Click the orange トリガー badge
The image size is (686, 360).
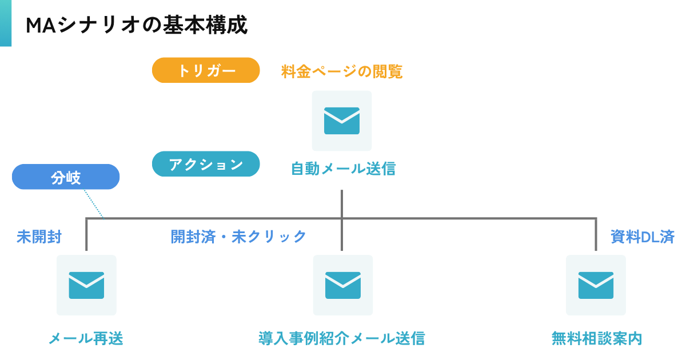(206, 70)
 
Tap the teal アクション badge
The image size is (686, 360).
(206, 164)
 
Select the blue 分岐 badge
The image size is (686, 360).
(66, 177)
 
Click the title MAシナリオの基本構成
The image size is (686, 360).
(137, 25)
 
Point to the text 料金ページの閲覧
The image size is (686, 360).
(342, 71)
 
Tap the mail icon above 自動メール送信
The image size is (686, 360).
(342, 121)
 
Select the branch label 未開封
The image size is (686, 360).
(39, 237)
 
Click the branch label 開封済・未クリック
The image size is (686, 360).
(238, 237)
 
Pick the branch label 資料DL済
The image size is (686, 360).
(642, 237)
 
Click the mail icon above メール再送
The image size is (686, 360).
(86, 285)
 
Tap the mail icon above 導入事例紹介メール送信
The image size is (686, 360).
(343, 285)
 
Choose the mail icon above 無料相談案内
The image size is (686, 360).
(596, 285)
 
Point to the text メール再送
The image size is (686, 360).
(86, 338)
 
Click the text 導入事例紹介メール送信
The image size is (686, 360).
(342, 338)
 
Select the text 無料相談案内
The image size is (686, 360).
(596, 338)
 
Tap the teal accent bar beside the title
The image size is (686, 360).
(5, 23)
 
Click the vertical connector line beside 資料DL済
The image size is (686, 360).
(596, 235)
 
